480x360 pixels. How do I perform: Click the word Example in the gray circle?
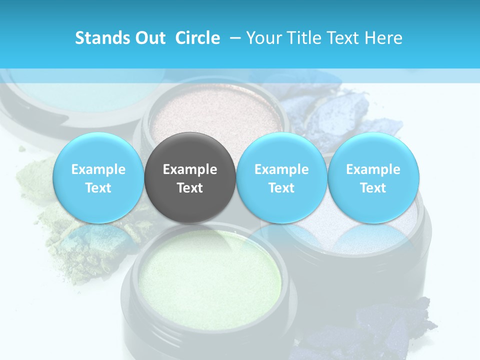coord(190,169)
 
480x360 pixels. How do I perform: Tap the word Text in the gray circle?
coord(190,188)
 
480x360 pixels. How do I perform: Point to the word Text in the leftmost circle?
coord(98,188)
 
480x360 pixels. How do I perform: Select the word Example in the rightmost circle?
coord(373,169)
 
